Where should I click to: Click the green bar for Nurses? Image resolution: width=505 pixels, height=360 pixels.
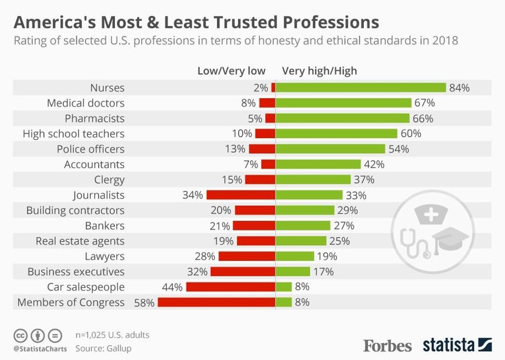click(361, 88)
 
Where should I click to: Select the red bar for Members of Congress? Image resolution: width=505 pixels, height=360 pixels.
click(216, 302)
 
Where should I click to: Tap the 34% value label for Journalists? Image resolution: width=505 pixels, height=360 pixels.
click(192, 195)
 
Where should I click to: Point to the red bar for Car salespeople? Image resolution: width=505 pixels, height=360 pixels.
click(231, 287)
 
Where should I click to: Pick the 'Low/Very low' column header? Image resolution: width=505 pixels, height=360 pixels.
click(231, 71)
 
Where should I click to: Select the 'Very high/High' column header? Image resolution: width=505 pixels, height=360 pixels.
click(319, 71)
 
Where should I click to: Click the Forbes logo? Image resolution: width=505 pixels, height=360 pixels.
click(388, 345)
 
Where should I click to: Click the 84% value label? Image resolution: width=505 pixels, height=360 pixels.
click(459, 88)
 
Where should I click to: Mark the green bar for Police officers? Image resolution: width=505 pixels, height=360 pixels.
click(330, 149)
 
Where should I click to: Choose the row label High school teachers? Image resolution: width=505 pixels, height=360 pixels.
click(74, 134)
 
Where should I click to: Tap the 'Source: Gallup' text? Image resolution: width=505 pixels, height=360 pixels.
click(104, 348)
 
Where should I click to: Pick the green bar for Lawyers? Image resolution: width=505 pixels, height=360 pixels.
click(295, 256)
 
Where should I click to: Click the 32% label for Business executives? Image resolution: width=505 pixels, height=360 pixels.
click(197, 272)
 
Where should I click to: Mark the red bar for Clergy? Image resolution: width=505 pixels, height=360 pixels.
click(260, 180)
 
